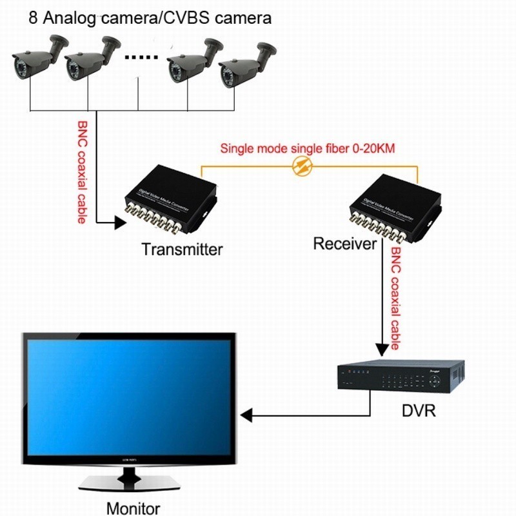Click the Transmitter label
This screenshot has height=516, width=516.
tap(182, 249)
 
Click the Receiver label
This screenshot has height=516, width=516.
tap(344, 244)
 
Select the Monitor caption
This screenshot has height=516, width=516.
tap(133, 507)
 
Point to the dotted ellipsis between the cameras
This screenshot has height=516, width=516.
tap(141, 58)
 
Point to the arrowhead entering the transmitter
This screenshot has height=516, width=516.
tap(121, 224)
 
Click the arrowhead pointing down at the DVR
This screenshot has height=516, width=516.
tap(380, 346)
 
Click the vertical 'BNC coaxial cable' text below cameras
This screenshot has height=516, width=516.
tap(83, 171)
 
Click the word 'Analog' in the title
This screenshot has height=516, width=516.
tap(63, 17)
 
